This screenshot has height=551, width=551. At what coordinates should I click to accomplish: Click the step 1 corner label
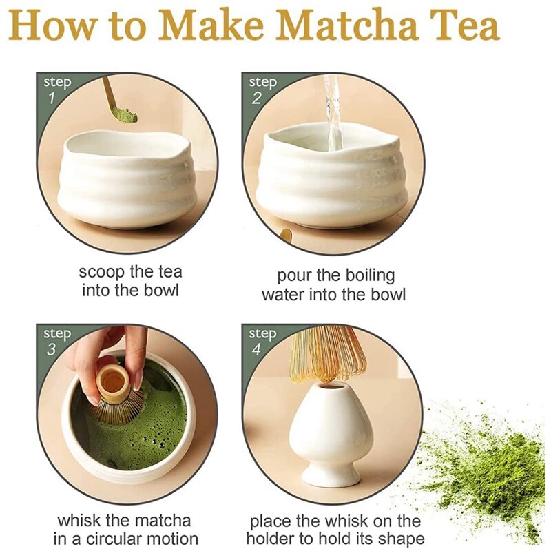[56, 90]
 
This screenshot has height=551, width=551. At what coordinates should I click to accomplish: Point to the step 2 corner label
[262, 90]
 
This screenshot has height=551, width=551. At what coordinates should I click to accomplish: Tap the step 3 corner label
[56, 341]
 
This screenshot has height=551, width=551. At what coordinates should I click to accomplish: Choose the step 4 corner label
[262, 341]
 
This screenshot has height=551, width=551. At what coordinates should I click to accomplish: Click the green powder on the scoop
[125, 114]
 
